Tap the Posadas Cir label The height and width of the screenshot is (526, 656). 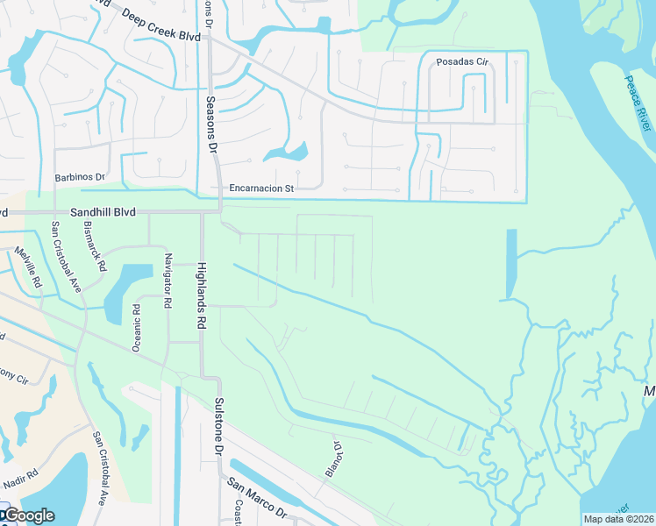pyautogui.click(x=461, y=61)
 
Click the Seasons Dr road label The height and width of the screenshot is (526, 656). pyautogui.click(x=210, y=124)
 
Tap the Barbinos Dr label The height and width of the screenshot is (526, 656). pyautogui.click(x=80, y=176)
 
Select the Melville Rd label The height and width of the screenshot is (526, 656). pyautogui.click(x=27, y=267)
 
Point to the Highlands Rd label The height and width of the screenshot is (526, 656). pyautogui.click(x=201, y=296)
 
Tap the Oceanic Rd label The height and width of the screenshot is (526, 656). pyautogui.click(x=136, y=328)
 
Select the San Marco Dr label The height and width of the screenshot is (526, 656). pyautogui.click(x=257, y=497)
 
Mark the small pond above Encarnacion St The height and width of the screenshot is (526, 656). pyautogui.click(x=286, y=154)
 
